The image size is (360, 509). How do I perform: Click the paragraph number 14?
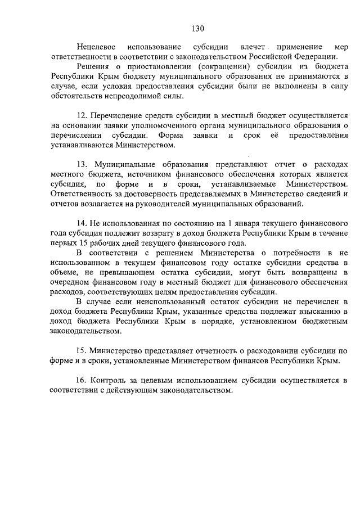pos(82,226)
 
